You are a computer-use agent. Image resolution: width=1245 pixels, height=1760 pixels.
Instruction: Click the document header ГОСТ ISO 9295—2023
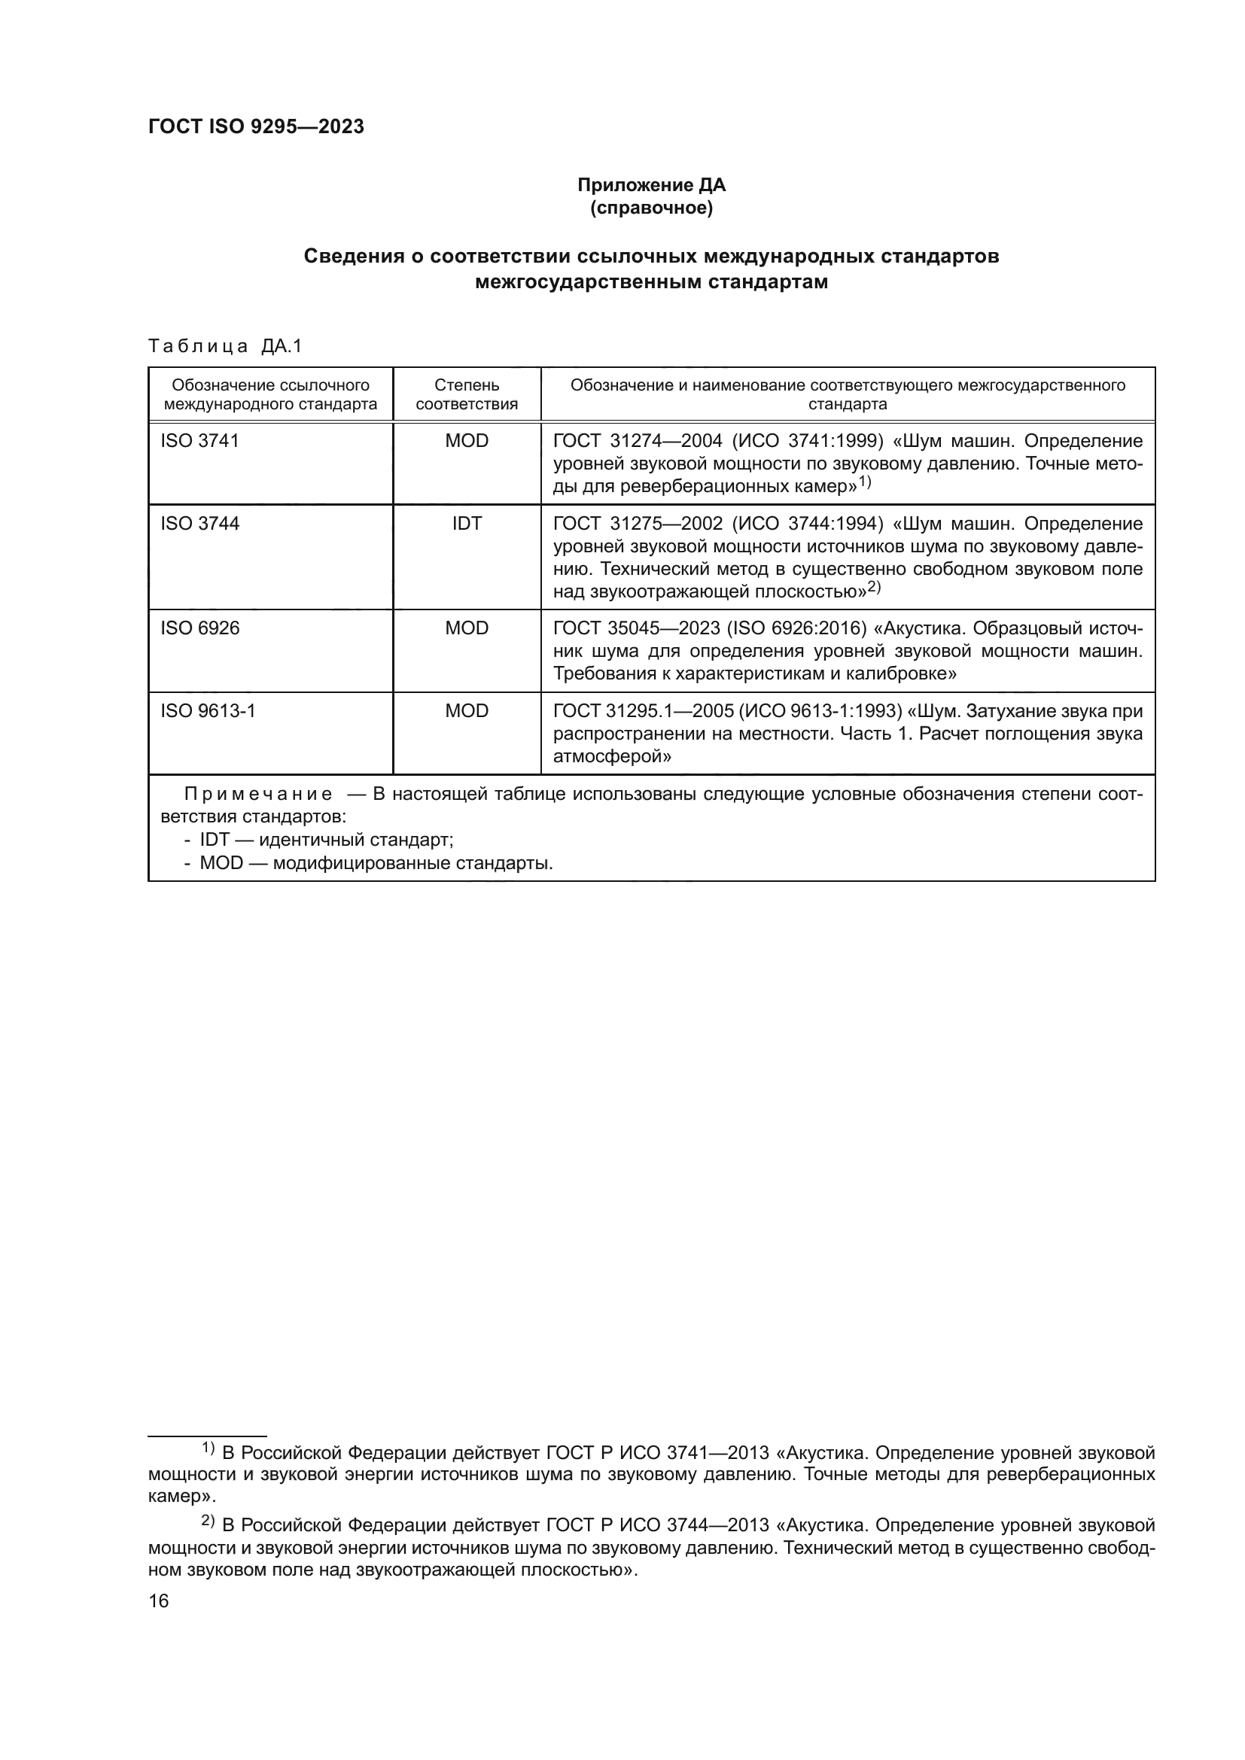[256, 127]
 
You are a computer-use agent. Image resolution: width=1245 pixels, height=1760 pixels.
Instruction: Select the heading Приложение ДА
[651, 185]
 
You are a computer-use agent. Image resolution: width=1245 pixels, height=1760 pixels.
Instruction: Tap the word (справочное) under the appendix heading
[651, 208]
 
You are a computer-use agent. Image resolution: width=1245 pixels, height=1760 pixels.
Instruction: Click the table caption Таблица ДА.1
[225, 346]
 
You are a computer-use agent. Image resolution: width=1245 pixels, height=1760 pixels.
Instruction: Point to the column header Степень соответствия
[466, 394]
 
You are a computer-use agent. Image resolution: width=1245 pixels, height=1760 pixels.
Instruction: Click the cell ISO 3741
[200, 441]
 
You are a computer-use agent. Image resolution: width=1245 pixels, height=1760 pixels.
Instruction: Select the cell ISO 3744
[200, 524]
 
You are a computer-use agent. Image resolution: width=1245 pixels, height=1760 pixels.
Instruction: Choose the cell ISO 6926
[200, 628]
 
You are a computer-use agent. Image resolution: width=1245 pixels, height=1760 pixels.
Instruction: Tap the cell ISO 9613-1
[208, 710]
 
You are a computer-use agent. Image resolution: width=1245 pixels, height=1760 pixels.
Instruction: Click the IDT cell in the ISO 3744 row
[466, 524]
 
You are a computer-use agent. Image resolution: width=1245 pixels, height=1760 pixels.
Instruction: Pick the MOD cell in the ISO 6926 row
[466, 628]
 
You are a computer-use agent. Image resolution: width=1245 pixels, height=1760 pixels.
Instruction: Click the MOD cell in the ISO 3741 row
[466, 441]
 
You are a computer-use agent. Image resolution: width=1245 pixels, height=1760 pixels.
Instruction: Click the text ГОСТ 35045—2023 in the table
[636, 628]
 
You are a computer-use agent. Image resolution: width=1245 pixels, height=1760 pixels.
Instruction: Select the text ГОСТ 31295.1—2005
[642, 711]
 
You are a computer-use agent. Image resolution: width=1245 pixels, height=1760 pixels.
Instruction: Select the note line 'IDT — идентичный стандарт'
[326, 840]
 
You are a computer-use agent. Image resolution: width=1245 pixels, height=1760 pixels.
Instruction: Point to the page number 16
[159, 1600]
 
